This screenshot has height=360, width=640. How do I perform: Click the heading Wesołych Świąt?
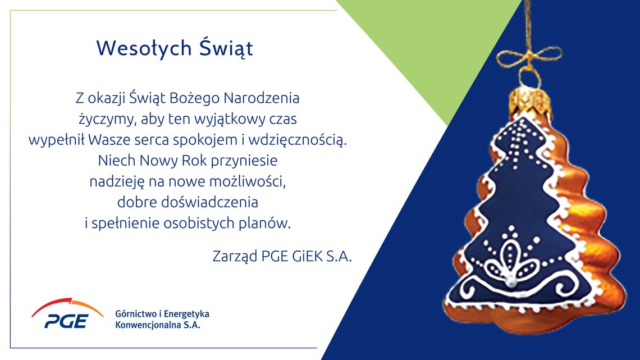(x=175, y=48)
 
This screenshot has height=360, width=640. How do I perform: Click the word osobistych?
(x=223, y=223)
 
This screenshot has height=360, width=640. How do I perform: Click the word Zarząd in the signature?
(x=235, y=256)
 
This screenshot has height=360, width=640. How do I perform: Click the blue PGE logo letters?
(x=66, y=321)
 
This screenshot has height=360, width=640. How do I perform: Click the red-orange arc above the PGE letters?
(x=66, y=306)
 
